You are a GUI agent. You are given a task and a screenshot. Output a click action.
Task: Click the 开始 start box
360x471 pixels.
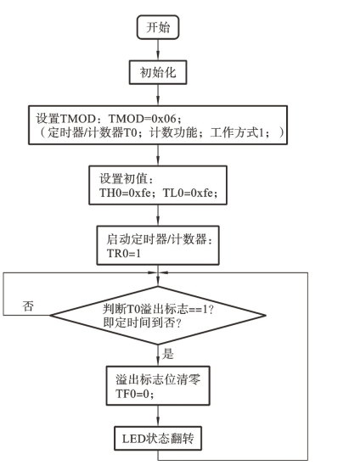point(158,27)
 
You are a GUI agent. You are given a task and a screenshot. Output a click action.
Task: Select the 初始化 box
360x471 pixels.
point(158,72)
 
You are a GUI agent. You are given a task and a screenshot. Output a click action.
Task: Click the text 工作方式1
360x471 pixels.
point(236,132)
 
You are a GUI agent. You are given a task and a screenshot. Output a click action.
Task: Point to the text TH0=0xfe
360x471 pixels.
point(125,193)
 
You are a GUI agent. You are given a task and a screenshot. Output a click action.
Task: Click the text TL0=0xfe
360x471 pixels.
point(188,193)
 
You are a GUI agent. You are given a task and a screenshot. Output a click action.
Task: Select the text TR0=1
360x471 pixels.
point(123,253)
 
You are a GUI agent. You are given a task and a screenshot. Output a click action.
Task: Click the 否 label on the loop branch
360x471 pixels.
point(28,306)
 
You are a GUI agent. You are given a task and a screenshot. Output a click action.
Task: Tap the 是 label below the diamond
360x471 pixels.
point(168,354)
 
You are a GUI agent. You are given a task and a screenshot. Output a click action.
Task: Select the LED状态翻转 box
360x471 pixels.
point(158,438)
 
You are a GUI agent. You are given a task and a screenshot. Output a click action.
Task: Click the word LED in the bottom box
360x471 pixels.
point(133,439)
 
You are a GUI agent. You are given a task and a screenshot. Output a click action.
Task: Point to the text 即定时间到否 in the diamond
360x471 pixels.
point(138,322)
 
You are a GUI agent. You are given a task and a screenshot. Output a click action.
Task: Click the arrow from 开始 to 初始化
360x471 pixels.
point(158,50)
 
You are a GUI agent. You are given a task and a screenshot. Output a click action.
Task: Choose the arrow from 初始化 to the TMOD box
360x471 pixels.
point(158,95)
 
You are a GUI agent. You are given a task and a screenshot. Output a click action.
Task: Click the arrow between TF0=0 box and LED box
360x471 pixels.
point(158,416)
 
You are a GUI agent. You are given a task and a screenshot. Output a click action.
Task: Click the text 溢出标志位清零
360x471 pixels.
point(158,379)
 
